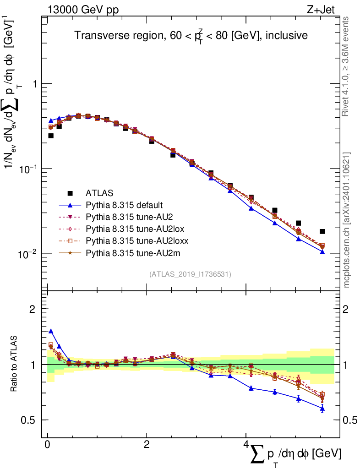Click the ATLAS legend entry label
[99, 193]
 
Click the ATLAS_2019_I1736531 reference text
[190, 274]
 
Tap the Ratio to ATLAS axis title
[15, 364]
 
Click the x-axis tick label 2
[147, 445]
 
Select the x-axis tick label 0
[48, 445]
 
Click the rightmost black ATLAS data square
[322, 231]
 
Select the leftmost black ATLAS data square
[51, 136]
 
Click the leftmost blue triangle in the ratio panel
[51, 331]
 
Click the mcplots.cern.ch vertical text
[347, 220]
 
